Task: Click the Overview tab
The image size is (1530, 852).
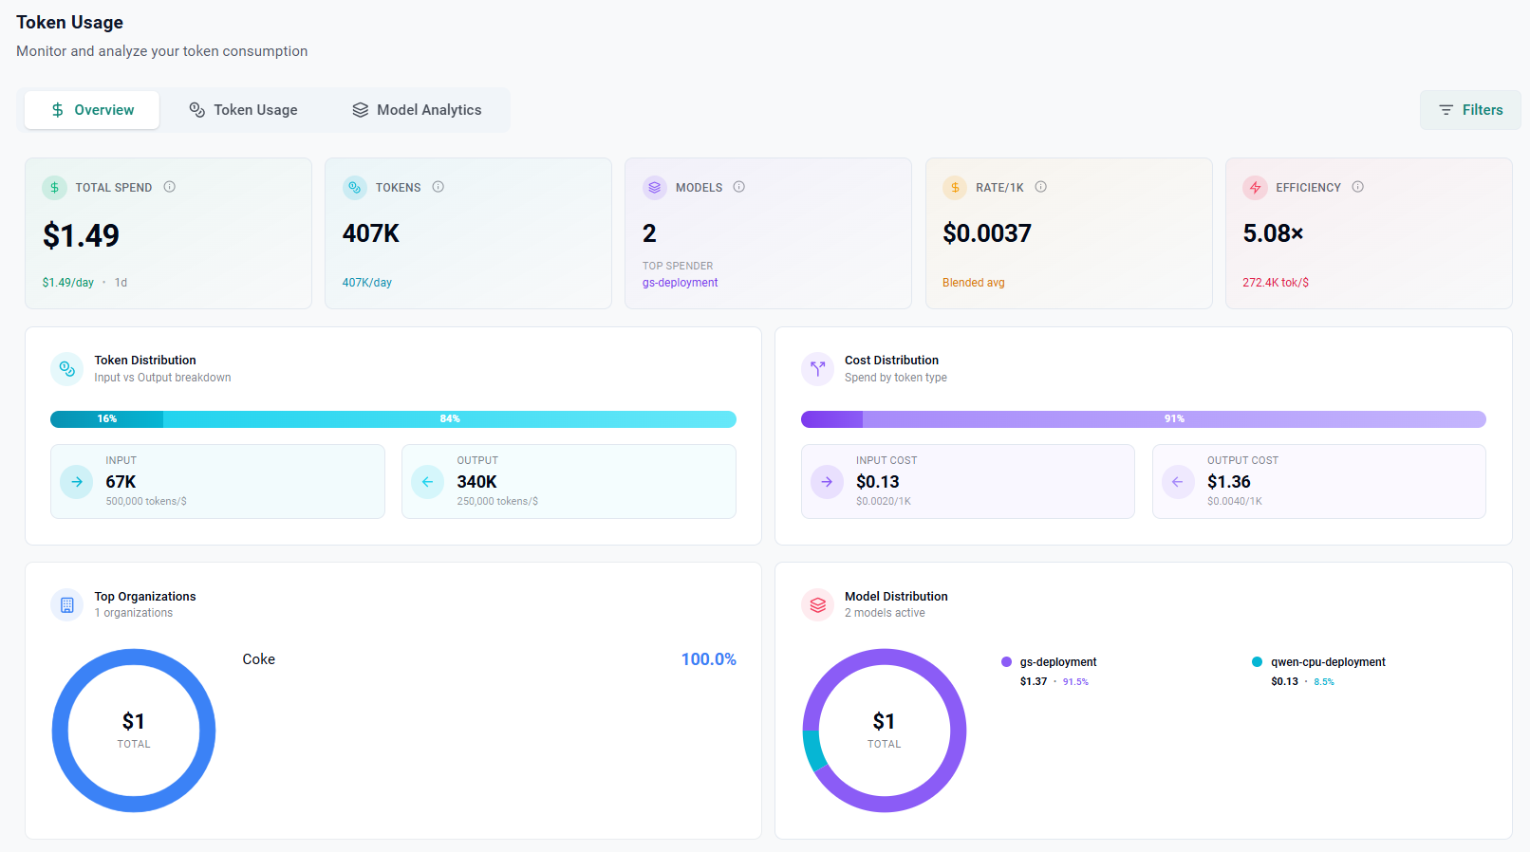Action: point(92,110)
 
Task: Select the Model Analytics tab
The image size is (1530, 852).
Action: point(417,110)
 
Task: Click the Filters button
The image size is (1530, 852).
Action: point(1470,110)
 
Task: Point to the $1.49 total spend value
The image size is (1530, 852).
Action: point(82,235)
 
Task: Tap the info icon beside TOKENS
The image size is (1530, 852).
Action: point(438,187)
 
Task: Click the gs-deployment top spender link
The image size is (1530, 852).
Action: point(680,283)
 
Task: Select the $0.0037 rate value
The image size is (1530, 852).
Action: point(986,233)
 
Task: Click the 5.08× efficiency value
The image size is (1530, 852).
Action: point(1273,233)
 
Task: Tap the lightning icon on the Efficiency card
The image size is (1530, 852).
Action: point(1255,188)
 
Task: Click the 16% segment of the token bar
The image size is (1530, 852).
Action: point(106,419)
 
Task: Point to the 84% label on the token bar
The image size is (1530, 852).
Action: point(450,419)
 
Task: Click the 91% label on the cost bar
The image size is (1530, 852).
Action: point(1174,419)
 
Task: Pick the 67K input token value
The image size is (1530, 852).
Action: point(121,482)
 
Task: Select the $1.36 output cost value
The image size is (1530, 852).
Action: point(1228,482)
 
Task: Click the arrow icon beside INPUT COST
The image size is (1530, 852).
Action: point(827,482)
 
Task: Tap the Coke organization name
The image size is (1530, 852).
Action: point(258,659)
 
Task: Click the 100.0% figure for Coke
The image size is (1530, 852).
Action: point(708,659)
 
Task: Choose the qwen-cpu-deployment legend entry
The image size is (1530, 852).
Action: point(1327,662)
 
